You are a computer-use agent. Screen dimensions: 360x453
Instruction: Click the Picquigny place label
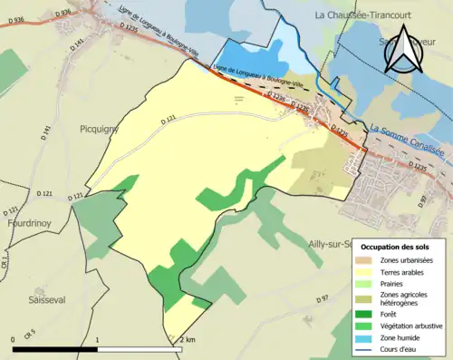coord(99,129)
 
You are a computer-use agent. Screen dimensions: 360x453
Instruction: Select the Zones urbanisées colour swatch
coord(368,259)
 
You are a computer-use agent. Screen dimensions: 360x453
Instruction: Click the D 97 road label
coord(324,299)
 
